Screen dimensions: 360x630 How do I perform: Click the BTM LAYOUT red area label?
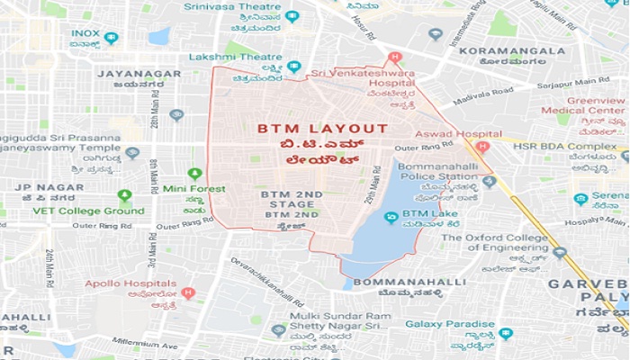(x=322, y=130)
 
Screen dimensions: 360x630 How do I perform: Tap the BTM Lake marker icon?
(x=391, y=217)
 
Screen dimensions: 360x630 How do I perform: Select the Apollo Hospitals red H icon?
(x=187, y=292)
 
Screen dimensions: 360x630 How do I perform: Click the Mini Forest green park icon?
(x=193, y=173)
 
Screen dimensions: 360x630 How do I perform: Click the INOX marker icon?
(x=111, y=37)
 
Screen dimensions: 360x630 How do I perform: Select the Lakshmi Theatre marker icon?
(x=293, y=67)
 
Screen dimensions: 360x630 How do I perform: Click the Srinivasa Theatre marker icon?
(x=292, y=16)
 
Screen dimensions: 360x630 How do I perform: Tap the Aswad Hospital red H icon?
(x=481, y=147)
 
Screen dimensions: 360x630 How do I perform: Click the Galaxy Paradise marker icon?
(x=505, y=333)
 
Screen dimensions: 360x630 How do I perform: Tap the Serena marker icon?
(x=580, y=199)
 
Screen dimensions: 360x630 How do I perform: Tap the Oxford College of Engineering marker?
(x=559, y=253)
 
